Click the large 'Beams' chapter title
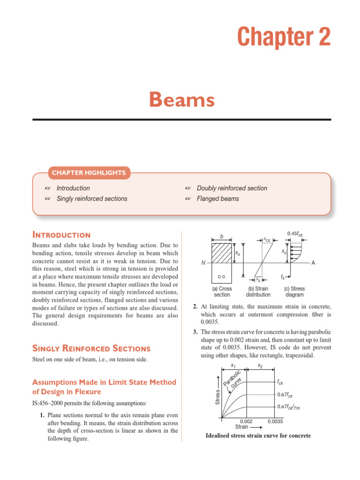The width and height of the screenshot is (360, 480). point(182,100)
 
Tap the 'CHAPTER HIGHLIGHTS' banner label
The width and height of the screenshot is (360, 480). point(89,173)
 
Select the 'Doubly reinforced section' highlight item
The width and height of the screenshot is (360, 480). point(232,188)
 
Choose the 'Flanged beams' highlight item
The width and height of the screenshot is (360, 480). point(218,199)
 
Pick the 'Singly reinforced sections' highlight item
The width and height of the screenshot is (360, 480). point(92,199)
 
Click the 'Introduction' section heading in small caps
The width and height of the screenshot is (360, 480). point(61,235)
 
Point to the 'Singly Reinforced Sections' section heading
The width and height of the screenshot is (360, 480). point(91,348)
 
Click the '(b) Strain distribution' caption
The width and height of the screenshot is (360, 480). point(258,292)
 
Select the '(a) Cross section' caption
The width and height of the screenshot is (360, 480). point(222,292)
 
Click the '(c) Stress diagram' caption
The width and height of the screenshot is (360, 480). point(294,292)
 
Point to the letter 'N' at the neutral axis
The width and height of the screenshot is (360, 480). point(203,263)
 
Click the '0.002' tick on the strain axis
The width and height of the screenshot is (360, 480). point(246,421)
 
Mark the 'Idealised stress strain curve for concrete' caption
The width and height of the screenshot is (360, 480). point(258,436)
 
